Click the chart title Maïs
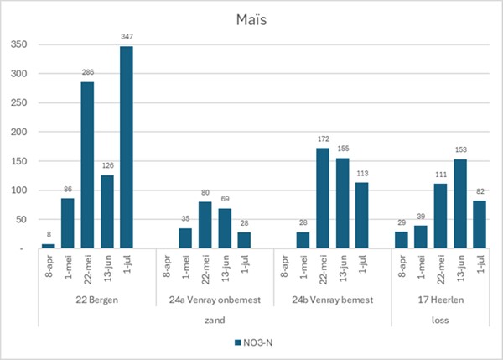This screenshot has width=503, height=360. [251, 18]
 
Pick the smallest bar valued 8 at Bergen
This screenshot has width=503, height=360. [48, 246]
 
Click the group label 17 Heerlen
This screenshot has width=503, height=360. [439, 300]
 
